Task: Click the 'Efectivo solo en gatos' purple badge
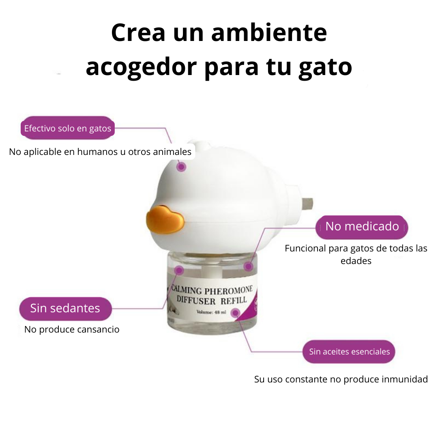(67, 129)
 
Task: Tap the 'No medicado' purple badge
(362, 226)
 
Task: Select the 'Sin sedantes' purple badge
(65, 308)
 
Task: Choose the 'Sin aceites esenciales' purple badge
(349, 352)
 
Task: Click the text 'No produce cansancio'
(72, 329)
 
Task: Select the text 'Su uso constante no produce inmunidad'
(341, 380)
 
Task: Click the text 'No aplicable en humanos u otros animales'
(100, 152)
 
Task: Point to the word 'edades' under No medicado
(356, 261)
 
